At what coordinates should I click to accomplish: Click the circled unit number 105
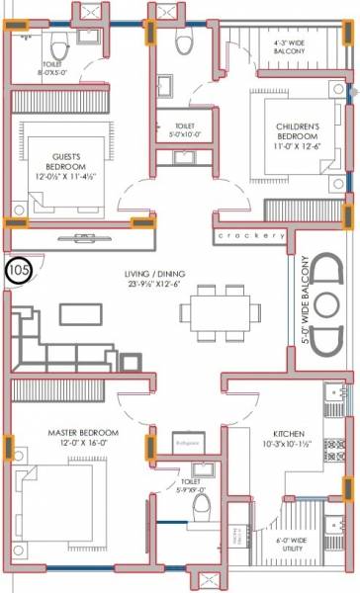click(18, 268)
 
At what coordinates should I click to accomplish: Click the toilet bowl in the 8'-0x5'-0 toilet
click(58, 44)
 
